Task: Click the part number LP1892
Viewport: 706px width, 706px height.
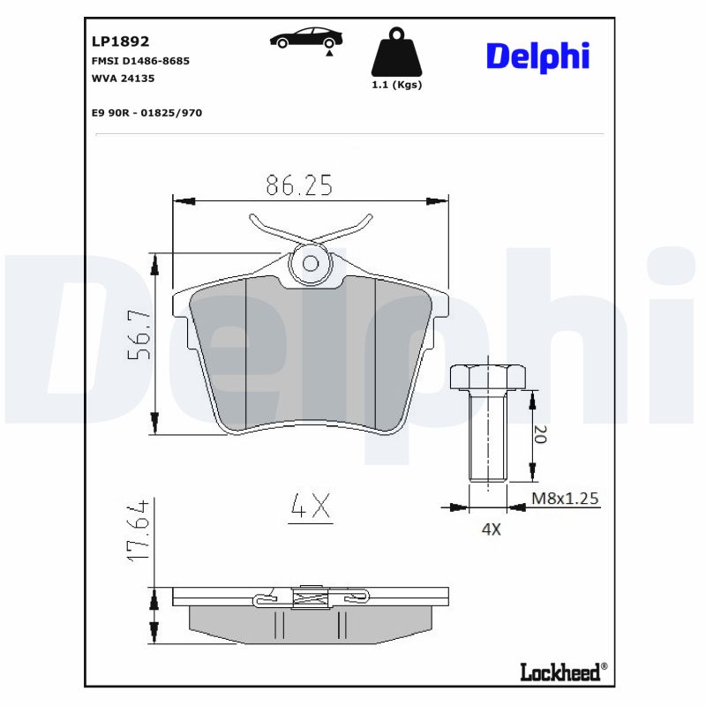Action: pos(121,41)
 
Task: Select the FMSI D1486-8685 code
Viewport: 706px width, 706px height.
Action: pos(141,61)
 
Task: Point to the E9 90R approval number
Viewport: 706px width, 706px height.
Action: pos(146,113)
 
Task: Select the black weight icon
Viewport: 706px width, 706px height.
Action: pos(396,52)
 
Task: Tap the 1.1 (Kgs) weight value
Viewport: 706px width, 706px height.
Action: pos(396,86)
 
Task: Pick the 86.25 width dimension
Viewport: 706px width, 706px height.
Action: pos(299,184)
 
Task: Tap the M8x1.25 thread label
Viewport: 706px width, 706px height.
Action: pos(566,499)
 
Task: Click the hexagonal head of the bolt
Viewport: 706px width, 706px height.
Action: pos(488,377)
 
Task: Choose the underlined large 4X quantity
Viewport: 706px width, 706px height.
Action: pos(310,506)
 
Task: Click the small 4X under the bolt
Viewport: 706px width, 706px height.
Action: pos(490,529)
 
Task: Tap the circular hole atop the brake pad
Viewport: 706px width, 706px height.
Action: pos(311,262)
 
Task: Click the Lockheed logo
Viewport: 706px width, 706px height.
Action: pos(560,672)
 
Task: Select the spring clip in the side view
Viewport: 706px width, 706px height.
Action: pos(311,600)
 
